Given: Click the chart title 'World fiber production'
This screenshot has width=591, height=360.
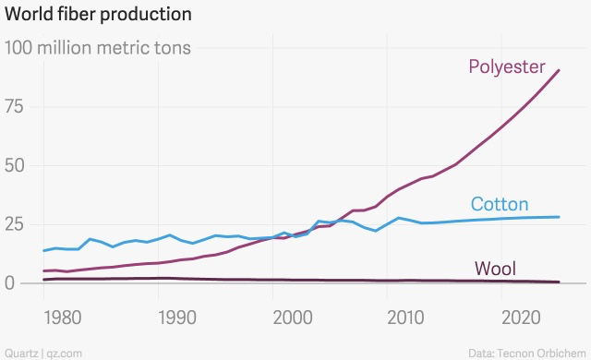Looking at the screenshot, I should click(x=99, y=15).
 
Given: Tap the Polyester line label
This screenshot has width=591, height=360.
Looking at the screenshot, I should click(x=506, y=66).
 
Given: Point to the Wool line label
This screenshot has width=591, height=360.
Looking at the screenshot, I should click(x=495, y=269).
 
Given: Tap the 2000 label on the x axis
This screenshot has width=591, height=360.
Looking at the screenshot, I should click(x=292, y=318).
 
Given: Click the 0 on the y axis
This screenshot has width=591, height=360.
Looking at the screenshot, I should click(x=11, y=283).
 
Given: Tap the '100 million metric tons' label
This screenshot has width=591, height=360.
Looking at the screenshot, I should click(x=99, y=48).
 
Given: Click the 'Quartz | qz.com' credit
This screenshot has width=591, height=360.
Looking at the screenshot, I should click(x=43, y=353).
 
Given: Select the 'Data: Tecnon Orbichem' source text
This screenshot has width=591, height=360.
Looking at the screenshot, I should click(x=526, y=353).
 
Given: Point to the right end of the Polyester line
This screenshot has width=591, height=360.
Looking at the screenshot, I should click(x=559, y=70).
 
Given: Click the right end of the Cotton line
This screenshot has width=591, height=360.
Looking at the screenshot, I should click(x=559, y=217).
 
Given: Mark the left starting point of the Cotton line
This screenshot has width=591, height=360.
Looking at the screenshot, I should click(x=43, y=251).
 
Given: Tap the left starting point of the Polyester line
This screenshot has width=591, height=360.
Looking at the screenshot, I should click(x=43, y=271).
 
